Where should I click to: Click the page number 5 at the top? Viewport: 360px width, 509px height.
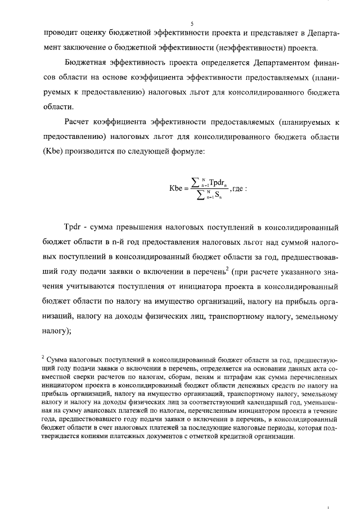click(x=192, y=23)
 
